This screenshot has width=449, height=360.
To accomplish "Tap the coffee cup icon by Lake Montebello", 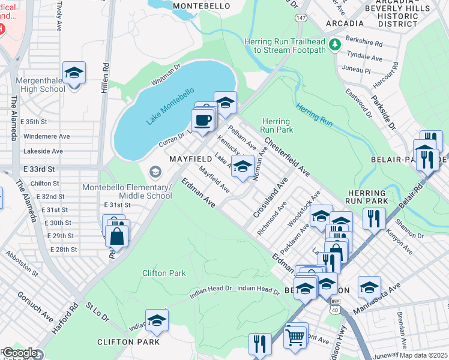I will pos(203,119).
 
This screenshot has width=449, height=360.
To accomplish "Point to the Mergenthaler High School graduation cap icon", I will pos(74,73).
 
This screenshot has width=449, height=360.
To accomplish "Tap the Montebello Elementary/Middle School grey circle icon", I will pos(155,173).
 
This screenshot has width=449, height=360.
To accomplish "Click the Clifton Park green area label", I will pos(164,273).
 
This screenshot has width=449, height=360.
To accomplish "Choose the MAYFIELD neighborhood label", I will pos(190,159).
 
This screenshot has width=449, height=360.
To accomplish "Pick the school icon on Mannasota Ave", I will pos(369,287).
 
